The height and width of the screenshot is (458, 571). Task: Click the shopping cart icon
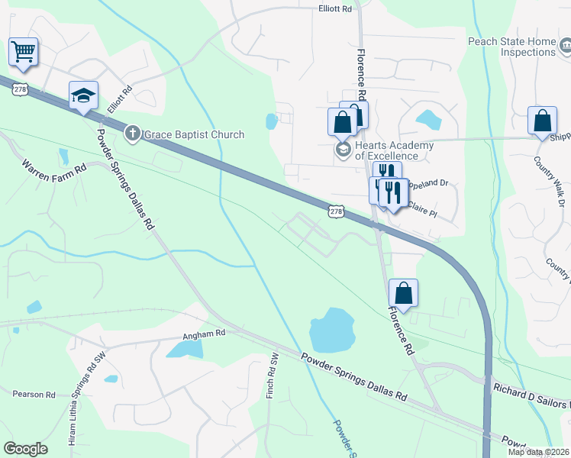tap(23, 52)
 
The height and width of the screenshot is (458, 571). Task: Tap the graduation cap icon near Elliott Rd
tap(83, 95)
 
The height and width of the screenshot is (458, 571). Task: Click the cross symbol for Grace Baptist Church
tap(133, 134)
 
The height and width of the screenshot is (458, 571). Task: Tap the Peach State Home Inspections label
tap(518, 47)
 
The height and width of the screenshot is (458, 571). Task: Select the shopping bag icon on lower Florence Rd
tap(403, 292)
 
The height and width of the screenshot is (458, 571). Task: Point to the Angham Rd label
tap(204, 334)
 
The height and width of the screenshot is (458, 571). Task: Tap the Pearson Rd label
tap(34, 395)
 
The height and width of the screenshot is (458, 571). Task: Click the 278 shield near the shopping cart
tap(21, 89)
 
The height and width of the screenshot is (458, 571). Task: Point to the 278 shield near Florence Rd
tap(336, 210)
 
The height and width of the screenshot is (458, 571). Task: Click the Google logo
tap(25, 448)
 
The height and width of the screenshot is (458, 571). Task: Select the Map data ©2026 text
tap(538, 452)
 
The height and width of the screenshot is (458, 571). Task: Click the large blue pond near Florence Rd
tap(332, 331)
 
